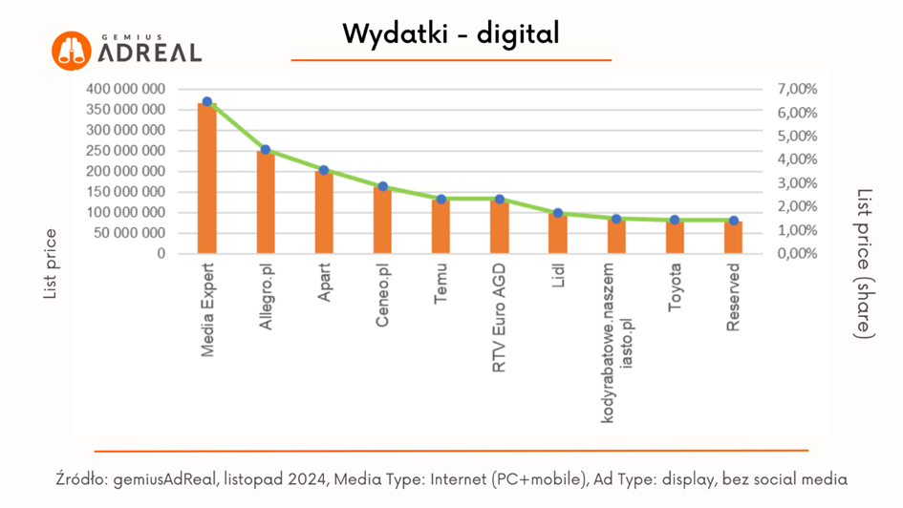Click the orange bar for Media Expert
click(x=206, y=179)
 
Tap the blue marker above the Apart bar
click(x=324, y=170)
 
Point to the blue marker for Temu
click(x=441, y=200)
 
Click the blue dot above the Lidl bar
click(x=558, y=213)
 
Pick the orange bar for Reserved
click(x=733, y=238)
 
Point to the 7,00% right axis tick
click(x=798, y=89)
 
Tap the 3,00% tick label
click(x=798, y=183)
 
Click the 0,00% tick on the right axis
click(x=798, y=254)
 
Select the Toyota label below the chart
click(x=675, y=290)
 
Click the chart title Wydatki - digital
click(x=451, y=34)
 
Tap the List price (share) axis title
click(x=865, y=263)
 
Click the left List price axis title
click(x=52, y=265)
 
